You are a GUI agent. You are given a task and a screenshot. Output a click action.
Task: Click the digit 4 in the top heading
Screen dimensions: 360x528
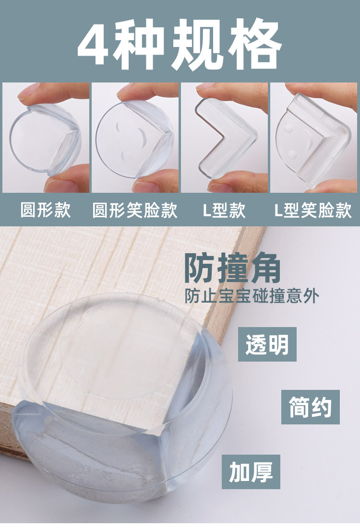(95, 44)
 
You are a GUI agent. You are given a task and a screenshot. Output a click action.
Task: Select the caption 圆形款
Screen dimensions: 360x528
(46, 210)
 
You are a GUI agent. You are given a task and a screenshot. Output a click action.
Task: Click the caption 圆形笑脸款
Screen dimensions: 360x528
(135, 210)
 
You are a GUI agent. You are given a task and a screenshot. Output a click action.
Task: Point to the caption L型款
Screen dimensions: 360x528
(224, 210)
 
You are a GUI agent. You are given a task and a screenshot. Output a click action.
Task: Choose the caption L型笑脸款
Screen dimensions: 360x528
(313, 210)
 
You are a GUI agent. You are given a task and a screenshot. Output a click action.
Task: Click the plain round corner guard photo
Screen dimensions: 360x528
(46, 138)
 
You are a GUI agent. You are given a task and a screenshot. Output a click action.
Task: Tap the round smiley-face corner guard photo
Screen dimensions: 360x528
(135, 138)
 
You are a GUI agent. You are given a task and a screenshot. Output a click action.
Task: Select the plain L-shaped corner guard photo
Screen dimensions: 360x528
(225, 138)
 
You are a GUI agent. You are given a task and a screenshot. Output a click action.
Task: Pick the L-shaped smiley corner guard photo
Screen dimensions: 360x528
(314, 138)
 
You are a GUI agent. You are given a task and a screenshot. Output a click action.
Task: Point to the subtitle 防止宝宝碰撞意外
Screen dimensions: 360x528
(252, 296)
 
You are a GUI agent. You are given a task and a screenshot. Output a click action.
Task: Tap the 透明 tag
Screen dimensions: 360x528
(267, 344)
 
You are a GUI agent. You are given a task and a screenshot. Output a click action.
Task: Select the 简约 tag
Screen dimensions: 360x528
(311, 407)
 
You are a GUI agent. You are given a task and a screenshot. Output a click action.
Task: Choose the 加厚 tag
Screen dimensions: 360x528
(251, 472)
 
